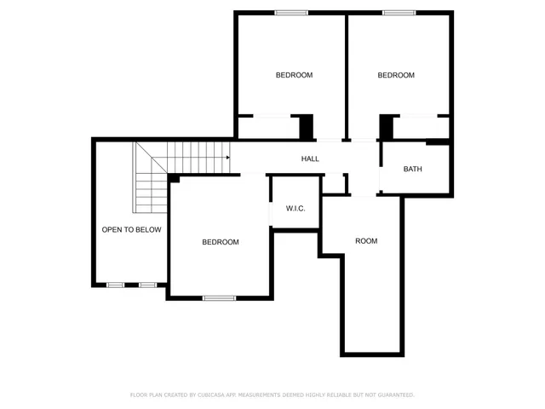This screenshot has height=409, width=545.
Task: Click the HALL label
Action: pos(310,159)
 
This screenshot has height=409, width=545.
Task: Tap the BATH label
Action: pos(412,169)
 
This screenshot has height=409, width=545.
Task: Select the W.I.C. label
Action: pos(295,209)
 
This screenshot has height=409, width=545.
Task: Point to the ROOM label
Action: pos(366,241)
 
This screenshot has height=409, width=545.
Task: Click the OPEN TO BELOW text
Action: pos(131,230)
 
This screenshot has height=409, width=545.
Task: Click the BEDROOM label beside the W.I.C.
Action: pos(221,242)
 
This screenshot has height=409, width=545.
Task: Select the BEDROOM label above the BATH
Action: pos(396,76)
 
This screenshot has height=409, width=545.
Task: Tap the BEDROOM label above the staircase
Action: pos(294,76)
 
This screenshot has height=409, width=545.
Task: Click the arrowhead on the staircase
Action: pos(227,158)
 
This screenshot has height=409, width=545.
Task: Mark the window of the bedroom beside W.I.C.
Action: pos(219,297)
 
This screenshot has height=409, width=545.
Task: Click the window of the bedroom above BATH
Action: pos(399,13)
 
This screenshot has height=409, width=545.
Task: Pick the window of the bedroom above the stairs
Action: pos(291,13)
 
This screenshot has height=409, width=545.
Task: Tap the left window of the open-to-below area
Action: pos(115,285)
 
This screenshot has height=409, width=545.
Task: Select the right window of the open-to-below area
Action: pos(148,285)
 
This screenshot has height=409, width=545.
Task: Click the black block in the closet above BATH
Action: pos(386,127)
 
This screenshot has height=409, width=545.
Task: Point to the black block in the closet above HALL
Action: pos(307,127)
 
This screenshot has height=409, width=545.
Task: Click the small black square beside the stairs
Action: pos(174,178)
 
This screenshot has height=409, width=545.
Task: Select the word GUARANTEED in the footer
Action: pos(394,395)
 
